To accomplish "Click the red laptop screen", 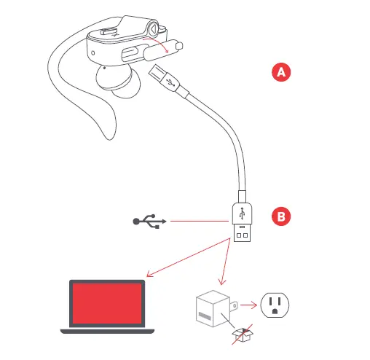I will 106,304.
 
